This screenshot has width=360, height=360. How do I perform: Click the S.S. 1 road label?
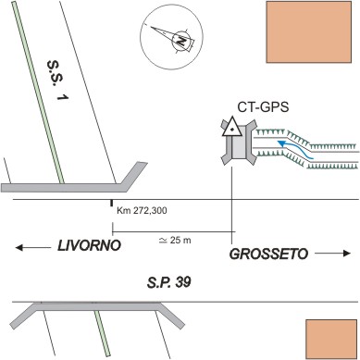(57, 81)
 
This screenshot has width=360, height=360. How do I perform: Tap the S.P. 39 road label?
(168, 282)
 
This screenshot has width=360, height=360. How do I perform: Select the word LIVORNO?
(89, 246)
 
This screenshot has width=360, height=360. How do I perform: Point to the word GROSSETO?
(268, 254)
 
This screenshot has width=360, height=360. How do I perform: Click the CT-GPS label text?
(263, 107)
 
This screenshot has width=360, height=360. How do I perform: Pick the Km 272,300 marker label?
(142, 211)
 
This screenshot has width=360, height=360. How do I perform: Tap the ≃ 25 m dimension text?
(175, 240)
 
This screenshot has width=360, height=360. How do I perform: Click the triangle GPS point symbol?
(231, 127)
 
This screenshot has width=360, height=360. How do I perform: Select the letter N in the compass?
(181, 41)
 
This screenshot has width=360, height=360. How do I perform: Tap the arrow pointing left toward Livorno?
(33, 247)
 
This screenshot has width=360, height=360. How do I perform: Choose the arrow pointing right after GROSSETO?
(333, 254)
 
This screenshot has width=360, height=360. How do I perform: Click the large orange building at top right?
(309, 32)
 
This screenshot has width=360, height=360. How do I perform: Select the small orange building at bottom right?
(331, 338)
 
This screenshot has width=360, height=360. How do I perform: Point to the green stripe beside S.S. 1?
(38, 92)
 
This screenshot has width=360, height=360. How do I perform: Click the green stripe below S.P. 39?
(102, 332)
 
